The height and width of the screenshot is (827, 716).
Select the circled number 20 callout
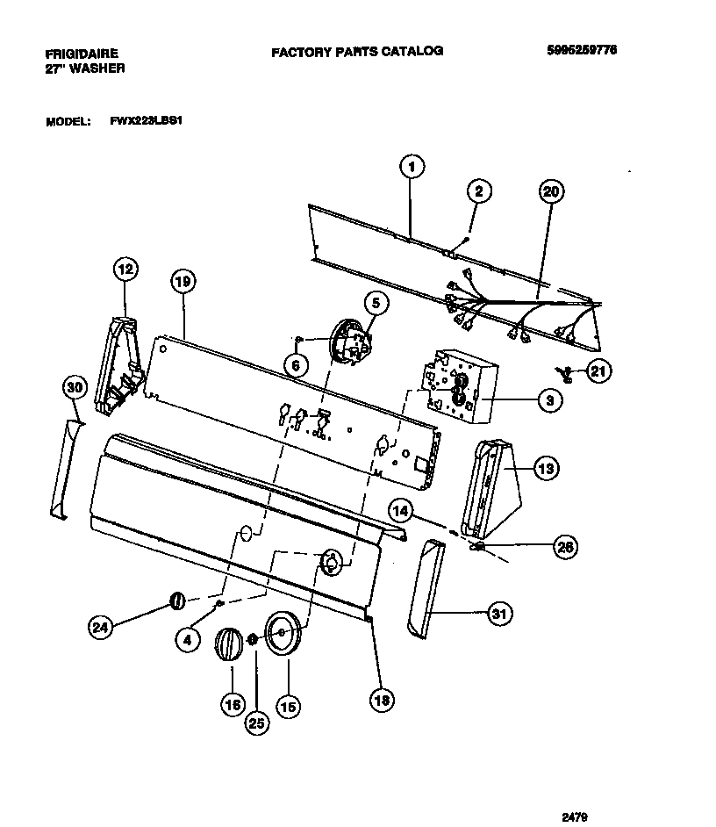[552, 191]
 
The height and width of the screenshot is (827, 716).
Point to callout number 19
[182, 282]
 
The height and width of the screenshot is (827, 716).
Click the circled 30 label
[75, 386]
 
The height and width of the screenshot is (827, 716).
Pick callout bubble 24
[102, 627]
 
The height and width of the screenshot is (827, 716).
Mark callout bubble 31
[499, 614]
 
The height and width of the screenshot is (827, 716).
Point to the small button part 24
[175, 600]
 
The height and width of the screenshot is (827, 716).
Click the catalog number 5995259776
[581, 50]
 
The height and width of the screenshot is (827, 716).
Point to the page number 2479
[574, 817]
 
